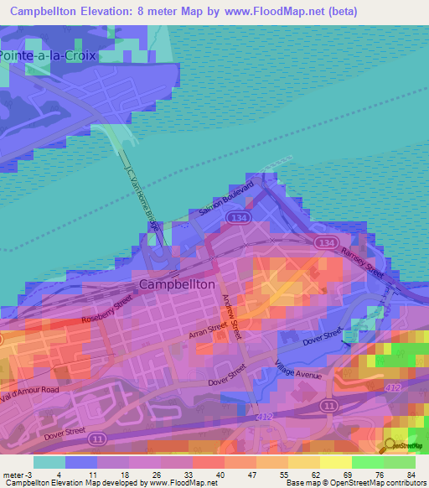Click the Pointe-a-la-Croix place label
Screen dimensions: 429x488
(x=49, y=55)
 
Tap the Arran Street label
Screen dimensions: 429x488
(x=209, y=330)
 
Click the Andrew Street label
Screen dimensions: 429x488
(x=230, y=310)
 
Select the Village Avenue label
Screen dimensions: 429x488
(x=298, y=369)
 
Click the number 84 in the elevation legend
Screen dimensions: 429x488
(x=410, y=475)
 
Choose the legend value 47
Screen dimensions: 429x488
(x=251, y=475)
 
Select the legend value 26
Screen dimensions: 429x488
(x=157, y=475)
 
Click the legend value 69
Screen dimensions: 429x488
(x=347, y=475)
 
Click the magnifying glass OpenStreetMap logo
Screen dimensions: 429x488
(x=391, y=444)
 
